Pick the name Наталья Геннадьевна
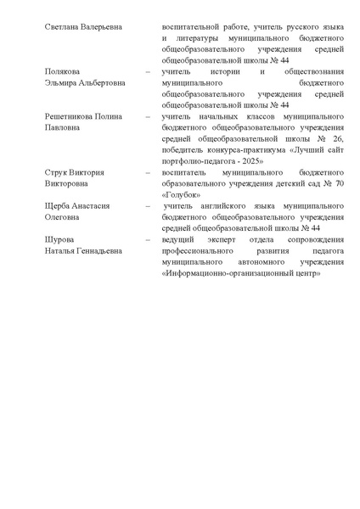83,250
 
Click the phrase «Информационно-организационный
231,283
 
